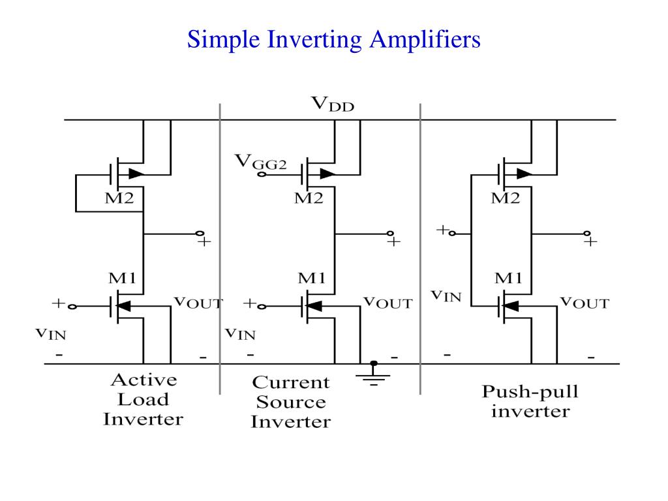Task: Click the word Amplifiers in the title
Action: click(x=425, y=40)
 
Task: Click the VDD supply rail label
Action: click(x=333, y=104)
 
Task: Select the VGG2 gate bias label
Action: click(x=261, y=162)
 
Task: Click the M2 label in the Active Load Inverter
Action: click(x=119, y=198)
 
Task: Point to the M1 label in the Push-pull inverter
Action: click(x=508, y=278)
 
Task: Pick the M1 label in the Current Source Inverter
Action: click(x=311, y=278)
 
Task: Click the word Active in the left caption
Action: click(x=144, y=380)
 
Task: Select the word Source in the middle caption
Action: click(x=291, y=402)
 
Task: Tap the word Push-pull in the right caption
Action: click(x=530, y=392)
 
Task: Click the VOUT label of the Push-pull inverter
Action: click(x=584, y=303)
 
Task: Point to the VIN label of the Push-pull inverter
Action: click(x=446, y=296)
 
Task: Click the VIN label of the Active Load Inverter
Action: click(x=51, y=333)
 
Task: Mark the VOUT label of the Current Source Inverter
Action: click(x=387, y=303)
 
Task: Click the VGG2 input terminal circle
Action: click(x=262, y=174)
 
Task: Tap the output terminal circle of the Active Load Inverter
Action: click(x=200, y=234)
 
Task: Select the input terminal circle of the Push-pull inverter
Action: click(x=453, y=234)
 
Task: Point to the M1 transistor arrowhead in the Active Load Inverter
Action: click(x=124, y=306)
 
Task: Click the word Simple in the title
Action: click(x=223, y=40)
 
